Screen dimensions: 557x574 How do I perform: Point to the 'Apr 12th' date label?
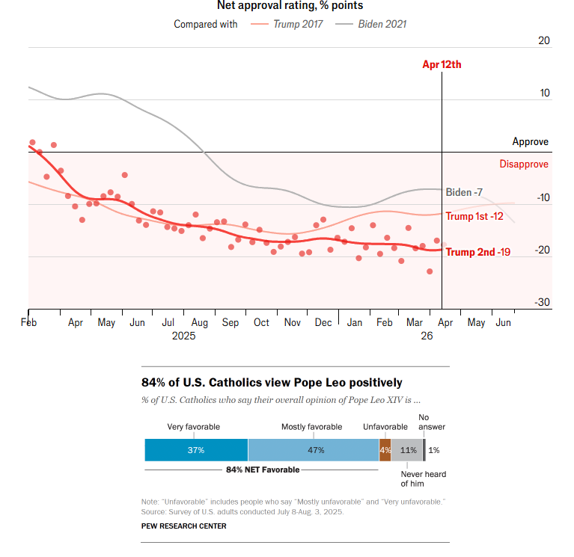pyautogui.click(x=442, y=64)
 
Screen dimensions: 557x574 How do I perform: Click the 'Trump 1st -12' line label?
pyautogui.click(x=474, y=216)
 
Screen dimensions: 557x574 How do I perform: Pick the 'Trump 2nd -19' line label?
pyautogui.click(x=478, y=252)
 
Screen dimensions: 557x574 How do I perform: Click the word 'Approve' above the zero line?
pyautogui.click(x=530, y=141)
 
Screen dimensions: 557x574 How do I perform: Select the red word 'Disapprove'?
pyautogui.click(x=524, y=164)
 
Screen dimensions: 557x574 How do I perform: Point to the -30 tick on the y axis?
pyautogui.click(x=542, y=302)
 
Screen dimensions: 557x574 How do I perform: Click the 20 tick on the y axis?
pyautogui.click(x=544, y=40)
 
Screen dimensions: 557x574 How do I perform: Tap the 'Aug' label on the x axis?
pyautogui.click(x=199, y=323)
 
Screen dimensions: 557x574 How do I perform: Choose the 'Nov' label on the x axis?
pyautogui.click(x=293, y=323)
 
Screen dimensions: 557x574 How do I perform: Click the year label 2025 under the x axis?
pyautogui.click(x=183, y=336)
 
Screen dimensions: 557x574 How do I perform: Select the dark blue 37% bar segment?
pyautogui.click(x=196, y=450)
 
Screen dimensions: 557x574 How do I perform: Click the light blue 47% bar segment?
pyautogui.click(x=314, y=450)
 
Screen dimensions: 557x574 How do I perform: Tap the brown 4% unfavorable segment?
pyautogui.click(x=385, y=450)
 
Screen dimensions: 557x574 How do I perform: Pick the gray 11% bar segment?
pyautogui.click(x=407, y=450)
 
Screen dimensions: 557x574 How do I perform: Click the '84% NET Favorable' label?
pyautogui.click(x=262, y=470)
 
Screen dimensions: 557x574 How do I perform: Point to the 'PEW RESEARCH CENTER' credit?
pyautogui.click(x=183, y=526)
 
